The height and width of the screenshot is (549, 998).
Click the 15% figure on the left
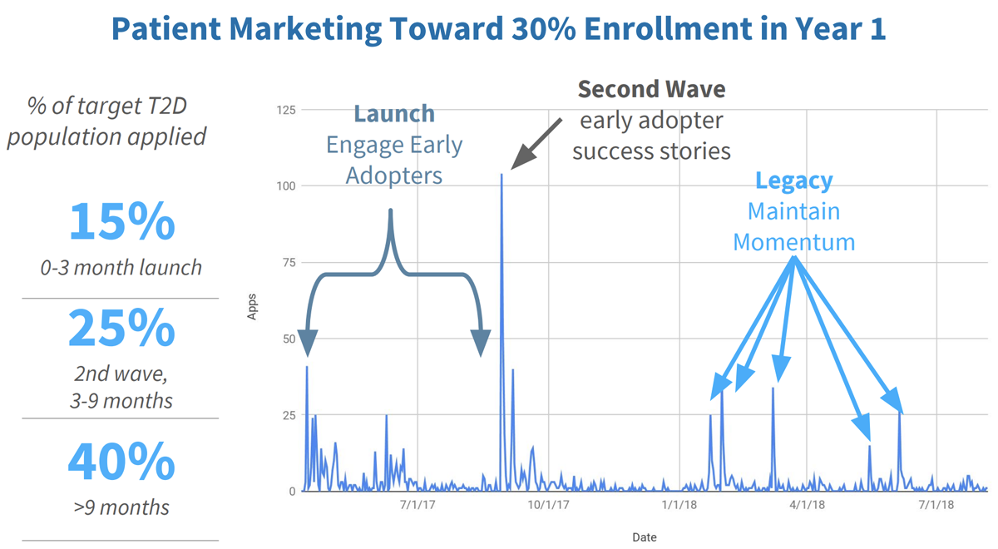pyautogui.click(x=121, y=222)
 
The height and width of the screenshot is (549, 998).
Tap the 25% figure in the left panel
pyautogui.click(x=121, y=329)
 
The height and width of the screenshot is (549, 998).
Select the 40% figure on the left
pyautogui.click(x=121, y=462)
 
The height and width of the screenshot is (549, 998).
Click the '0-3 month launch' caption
pyautogui.click(x=121, y=268)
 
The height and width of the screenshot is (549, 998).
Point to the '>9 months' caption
pyautogui.click(x=121, y=507)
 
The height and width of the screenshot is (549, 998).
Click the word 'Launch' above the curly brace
pyautogui.click(x=394, y=114)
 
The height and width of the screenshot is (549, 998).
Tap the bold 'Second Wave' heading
pyautogui.click(x=651, y=89)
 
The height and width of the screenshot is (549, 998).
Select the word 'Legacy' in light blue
pyautogui.click(x=793, y=181)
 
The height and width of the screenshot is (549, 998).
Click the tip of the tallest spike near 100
pyautogui.click(x=501, y=175)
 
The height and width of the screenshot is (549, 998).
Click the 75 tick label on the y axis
pyautogui.click(x=288, y=263)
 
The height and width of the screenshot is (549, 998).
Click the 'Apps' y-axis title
pyautogui.click(x=252, y=308)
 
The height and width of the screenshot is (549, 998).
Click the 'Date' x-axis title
pyautogui.click(x=644, y=537)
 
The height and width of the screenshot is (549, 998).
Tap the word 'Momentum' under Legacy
pyautogui.click(x=793, y=243)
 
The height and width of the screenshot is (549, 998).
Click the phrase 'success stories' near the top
pyautogui.click(x=651, y=151)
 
